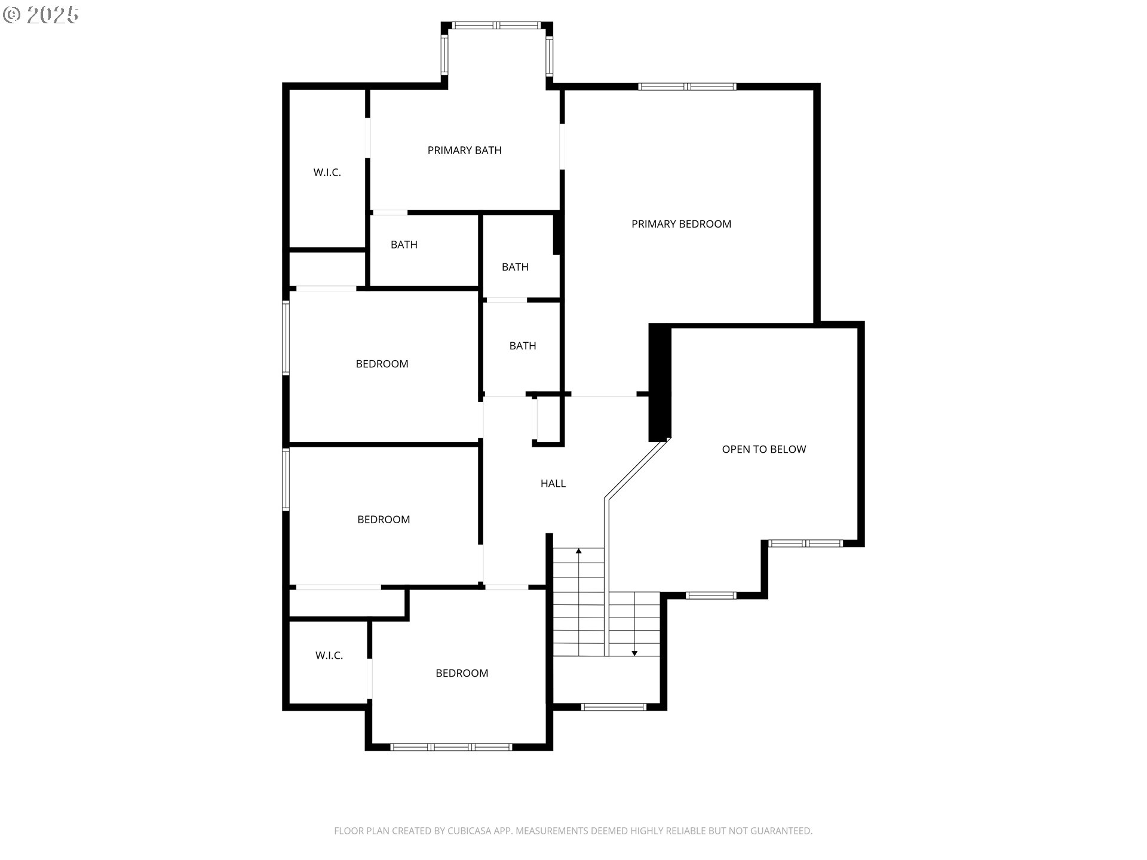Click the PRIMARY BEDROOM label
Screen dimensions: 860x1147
[681, 224]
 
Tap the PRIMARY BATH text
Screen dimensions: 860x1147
[464, 150]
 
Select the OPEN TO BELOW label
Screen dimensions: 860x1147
[763, 449]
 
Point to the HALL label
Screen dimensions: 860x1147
[553, 484]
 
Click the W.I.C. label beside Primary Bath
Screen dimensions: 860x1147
[327, 173]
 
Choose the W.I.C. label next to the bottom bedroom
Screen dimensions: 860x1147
[329, 656]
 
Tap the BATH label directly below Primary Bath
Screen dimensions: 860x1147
[404, 245]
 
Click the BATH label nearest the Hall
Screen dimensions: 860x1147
[522, 346]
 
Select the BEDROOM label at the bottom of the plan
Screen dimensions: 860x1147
[462, 673]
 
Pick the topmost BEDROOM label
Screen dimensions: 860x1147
[382, 364]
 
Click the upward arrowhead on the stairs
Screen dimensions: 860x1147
[578, 551]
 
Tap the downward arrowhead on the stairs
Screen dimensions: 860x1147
[634, 653]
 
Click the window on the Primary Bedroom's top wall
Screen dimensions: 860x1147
[687, 87]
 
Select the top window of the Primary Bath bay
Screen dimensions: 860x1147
[496, 25]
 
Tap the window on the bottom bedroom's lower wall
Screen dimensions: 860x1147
[451, 747]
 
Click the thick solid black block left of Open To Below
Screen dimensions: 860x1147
[660, 382]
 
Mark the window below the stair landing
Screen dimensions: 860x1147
[614, 707]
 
